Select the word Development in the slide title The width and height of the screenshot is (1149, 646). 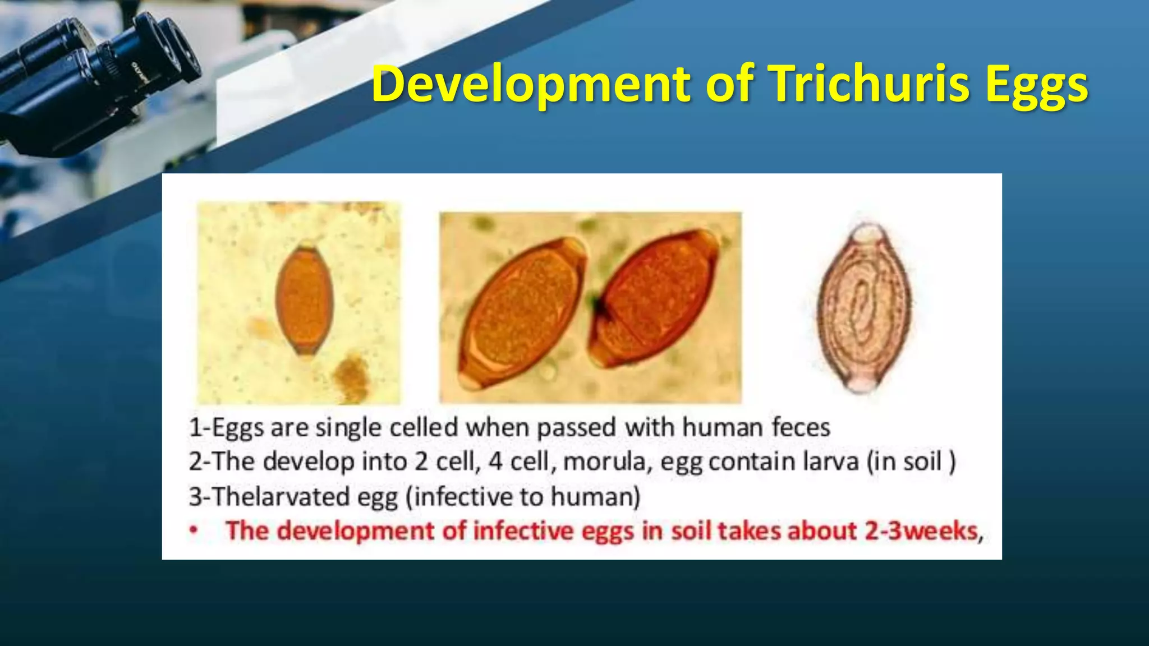[x=530, y=85]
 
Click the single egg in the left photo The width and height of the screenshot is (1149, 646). [x=305, y=300]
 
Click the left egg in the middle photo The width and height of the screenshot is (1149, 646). [x=522, y=313]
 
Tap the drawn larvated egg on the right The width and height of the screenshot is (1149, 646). [x=864, y=308]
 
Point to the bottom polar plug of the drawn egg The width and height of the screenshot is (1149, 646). [x=861, y=384]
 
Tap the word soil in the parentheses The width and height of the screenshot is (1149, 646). [x=922, y=462]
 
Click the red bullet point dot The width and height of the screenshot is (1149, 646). [x=194, y=530]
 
